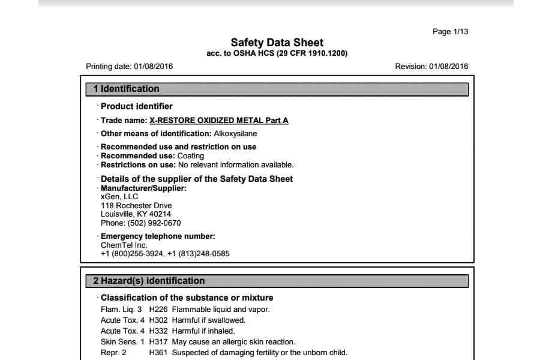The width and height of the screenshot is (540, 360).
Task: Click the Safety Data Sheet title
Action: tap(277, 43)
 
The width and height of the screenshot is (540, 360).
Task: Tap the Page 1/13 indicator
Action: tap(450, 31)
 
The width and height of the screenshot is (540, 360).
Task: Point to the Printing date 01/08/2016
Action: tap(130, 66)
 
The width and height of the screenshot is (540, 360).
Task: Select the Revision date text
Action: tap(431, 66)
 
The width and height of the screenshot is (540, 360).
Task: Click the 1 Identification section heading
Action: tap(127, 89)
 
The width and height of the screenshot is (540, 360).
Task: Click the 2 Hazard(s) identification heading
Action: tap(149, 281)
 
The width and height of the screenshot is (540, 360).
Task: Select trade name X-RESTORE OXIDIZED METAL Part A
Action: tap(218, 120)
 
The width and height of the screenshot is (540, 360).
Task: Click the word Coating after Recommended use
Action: tap(191, 155)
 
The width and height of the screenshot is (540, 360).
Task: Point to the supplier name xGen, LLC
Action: tap(119, 197)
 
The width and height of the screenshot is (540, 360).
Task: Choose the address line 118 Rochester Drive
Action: tap(136, 205)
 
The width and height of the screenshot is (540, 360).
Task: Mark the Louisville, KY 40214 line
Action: tap(136, 214)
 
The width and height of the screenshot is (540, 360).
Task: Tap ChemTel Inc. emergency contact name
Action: tap(124, 245)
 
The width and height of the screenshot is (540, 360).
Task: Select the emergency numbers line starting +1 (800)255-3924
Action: tap(165, 253)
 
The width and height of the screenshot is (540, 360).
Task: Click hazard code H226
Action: tap(158, 310)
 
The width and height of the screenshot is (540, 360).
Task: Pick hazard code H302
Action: tap(158, 320)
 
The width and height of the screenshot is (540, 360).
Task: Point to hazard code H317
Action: tap(158, 342)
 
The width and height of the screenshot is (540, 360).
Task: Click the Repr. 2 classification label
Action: tap(113, 353)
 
